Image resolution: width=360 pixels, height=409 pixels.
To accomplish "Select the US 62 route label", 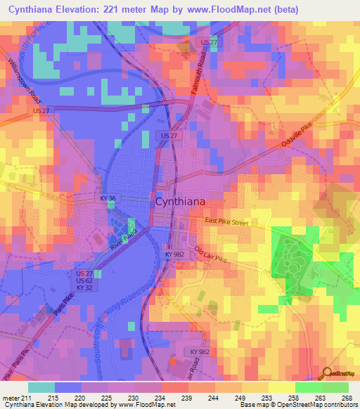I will [x=84, y=280].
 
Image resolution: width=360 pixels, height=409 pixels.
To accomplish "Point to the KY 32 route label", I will [x=84, y=287].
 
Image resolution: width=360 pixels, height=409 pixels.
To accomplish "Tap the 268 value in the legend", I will [x=347, y=397].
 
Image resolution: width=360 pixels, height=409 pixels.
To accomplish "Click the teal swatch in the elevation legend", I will [x=41, y=387].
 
